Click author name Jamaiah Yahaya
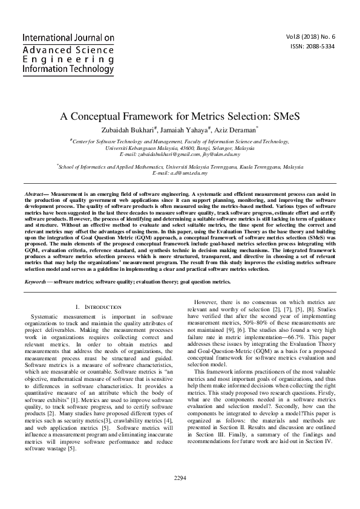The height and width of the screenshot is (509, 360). pyautogui.click(x=184, y=129)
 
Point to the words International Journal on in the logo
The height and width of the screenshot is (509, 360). pyautogui.click(x=68, y=37)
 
